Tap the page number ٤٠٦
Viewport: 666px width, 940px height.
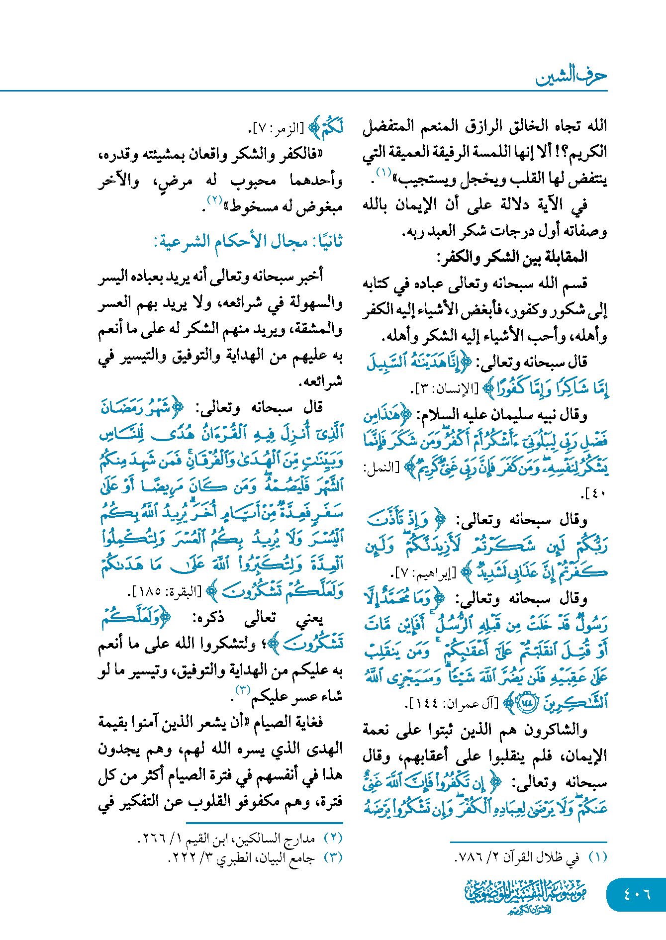click(x=637, y=894)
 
